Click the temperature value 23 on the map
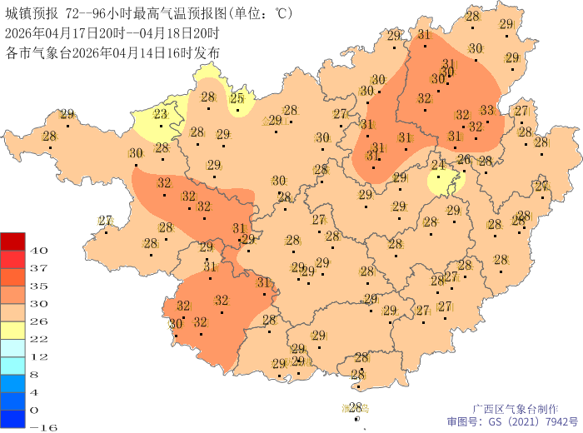click(160, 115)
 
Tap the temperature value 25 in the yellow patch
click(237, 98)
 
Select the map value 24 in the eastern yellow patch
click(438, 164)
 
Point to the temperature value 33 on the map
click(487, 110)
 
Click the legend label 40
click(38, 250)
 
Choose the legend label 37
click(38, 268)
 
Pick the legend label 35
click(38, 286)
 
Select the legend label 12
click(38, 356)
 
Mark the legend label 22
click(38, 339)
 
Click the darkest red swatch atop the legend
click(12, 241)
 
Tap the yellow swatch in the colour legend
click(12, 330)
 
